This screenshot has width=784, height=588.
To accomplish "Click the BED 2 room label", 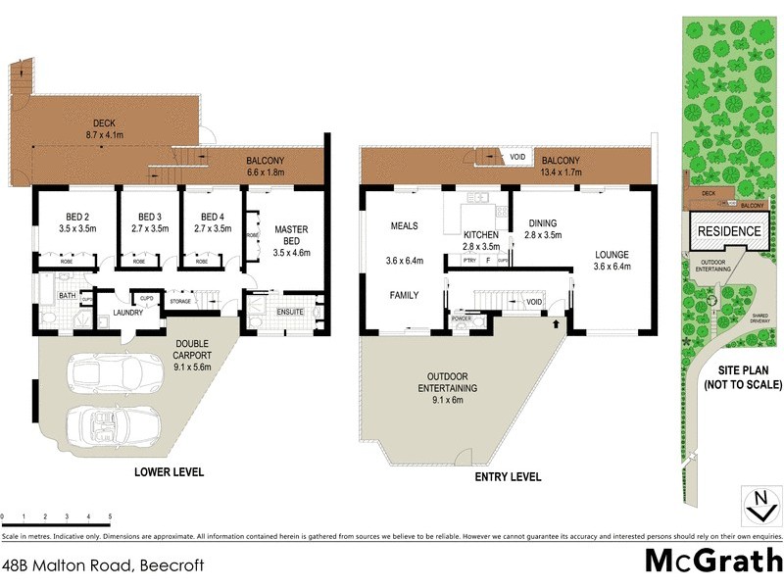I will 66,217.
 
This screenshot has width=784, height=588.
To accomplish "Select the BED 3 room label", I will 149,217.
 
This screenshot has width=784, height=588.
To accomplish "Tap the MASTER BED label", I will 291,235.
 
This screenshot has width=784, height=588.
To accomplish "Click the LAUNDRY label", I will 127,313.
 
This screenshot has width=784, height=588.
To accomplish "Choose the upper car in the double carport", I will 115,374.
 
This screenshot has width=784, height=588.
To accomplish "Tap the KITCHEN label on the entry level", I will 481,235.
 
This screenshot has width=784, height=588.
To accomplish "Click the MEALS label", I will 405,225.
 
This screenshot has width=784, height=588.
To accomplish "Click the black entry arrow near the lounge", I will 558,322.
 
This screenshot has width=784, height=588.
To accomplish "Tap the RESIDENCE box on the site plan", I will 728,231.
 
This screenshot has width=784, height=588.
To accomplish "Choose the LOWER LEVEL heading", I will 169,471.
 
